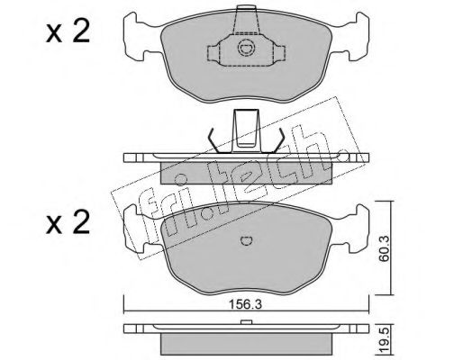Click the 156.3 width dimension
point(246,304)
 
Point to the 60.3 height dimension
point(384,248)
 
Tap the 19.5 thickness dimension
point(386,340)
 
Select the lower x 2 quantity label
point(68,223)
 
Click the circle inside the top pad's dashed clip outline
point(247,48)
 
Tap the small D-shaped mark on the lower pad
point(247,240)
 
